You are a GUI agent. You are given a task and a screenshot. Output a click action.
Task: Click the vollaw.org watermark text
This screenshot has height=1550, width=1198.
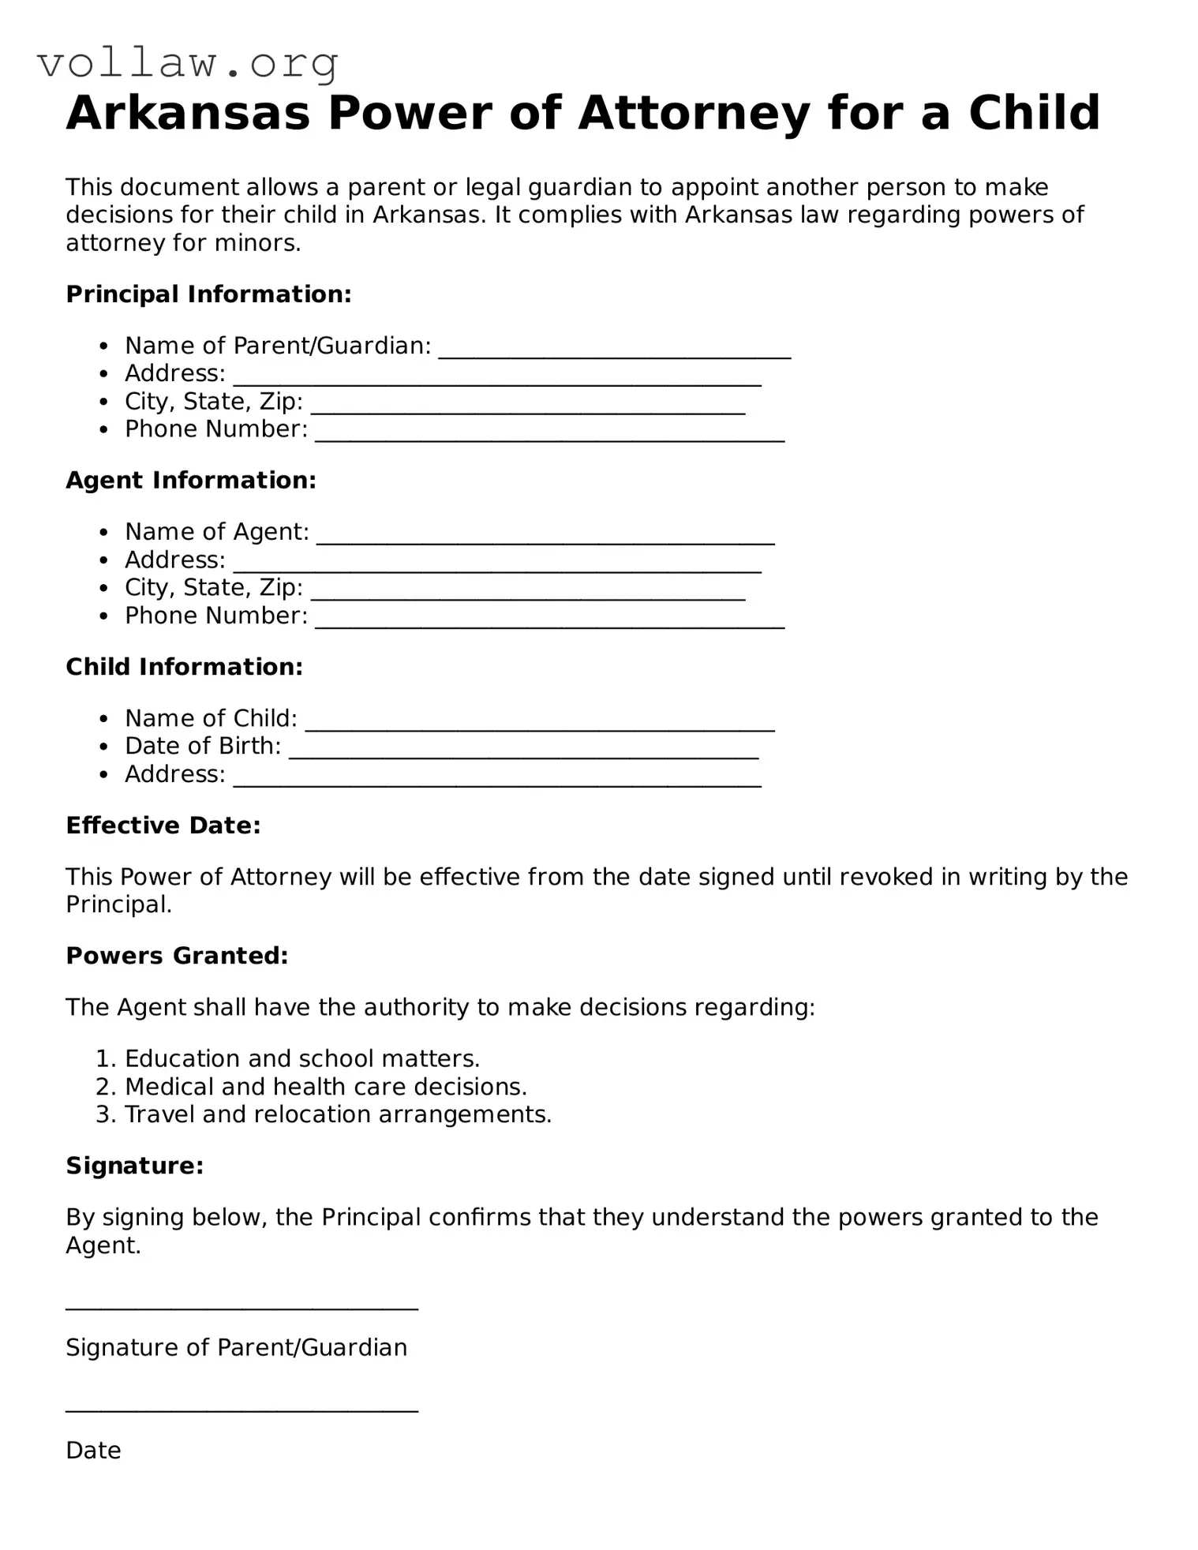click(x=188, y=63)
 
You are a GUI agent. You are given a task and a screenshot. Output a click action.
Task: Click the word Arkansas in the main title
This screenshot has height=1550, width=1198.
click(x=188, y=113)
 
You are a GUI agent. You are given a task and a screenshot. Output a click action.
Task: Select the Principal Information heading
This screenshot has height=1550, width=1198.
click(x=208, y=294)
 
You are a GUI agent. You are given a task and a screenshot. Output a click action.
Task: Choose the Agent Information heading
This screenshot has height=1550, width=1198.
click(x=191, y=481)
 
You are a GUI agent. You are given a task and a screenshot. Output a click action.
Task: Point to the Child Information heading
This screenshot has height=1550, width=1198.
click(x=184, y=667)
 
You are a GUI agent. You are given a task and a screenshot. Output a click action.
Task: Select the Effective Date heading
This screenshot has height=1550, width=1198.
click(x=163, y=826)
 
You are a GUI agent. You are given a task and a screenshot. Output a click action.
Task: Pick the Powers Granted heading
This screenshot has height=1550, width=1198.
click(x=177, y=956)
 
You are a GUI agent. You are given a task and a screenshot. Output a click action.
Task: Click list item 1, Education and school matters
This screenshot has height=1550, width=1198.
click(x=302, y=1058)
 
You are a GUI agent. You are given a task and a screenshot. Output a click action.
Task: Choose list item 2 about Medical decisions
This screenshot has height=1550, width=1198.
click(x=325, y=1087)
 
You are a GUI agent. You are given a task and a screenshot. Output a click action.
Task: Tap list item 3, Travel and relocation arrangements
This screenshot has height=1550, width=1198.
click(x=338, y=1114)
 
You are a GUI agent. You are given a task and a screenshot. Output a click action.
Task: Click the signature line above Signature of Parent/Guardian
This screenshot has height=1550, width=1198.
click(x=241, y=1309)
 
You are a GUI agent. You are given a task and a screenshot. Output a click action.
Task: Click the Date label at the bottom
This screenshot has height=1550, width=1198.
click(x=93, y=1451)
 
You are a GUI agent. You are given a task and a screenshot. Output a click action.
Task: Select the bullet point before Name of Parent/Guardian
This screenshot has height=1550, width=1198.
click(x=103, y=346)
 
